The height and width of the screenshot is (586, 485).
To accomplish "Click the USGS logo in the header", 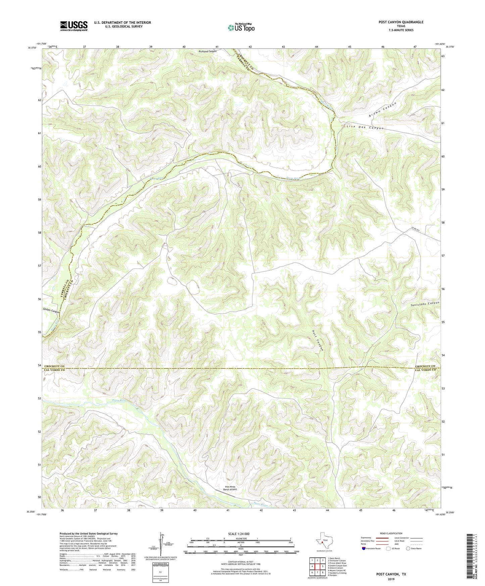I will [74, 26].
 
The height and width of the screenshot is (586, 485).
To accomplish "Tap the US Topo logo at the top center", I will [241, 28].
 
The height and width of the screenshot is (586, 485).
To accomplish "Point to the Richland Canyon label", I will [207, 51].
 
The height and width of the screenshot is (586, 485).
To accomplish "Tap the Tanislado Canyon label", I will [425, 303].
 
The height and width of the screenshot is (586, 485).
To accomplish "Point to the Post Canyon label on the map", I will [318, 341].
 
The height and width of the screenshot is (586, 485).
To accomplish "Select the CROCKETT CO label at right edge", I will [425, 366].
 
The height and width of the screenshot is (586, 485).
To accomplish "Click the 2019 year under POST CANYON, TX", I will [391, 579].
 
